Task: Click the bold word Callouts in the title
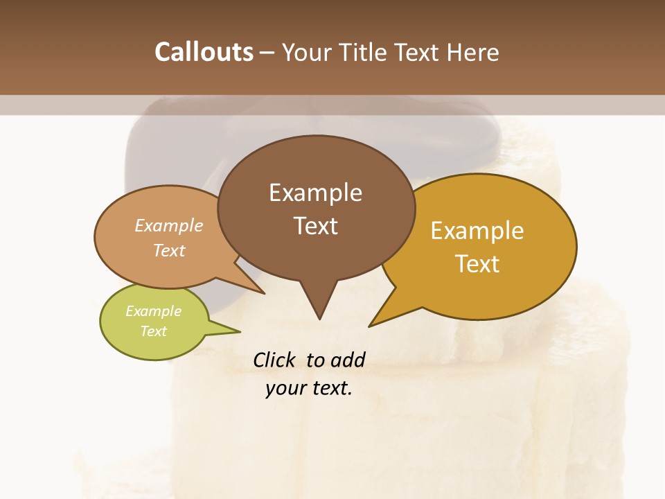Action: (x=204, y=52)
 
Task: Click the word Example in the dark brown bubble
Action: (x=315, y=193)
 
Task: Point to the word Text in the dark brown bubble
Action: (x=315, y=226)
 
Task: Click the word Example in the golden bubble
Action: (x=477, y=231)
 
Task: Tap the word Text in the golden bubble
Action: (x=477, y=264)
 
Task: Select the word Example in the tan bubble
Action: (x=169, y=226)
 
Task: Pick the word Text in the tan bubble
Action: (x=169, y=250)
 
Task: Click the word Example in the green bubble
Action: (x=153, y=311)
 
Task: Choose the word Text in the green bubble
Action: (x=153, y=331)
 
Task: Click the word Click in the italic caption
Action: (x=275, y=360)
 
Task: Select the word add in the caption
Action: (x=347, y=360)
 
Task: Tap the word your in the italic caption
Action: (x=285, y=388)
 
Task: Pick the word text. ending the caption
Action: (x=332, y=388)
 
